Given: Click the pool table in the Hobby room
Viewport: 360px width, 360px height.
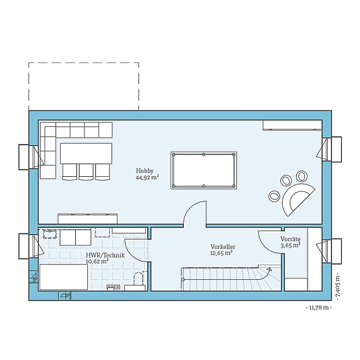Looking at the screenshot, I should [x=203, y=169].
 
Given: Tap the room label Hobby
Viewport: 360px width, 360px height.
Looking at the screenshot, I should [x=145, y=171].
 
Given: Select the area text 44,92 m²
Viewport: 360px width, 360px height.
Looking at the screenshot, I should [x=147, y=178].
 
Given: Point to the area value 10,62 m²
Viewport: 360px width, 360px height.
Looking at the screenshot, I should [x=97, y=261].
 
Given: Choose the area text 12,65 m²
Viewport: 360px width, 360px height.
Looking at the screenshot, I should [x=221, y=253].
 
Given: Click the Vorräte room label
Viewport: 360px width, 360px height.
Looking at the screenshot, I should [x=291, y=239].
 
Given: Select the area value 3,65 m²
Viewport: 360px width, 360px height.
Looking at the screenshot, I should [x=291, y=246].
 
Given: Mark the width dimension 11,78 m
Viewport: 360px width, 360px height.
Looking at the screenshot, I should [x=318, y=308].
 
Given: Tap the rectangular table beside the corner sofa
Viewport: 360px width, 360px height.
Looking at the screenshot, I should [x=86, y=152].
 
